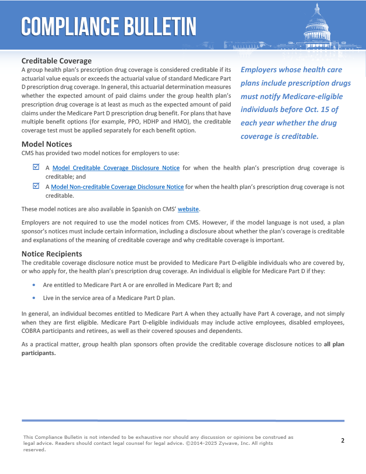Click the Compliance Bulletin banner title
[x=108, y=27]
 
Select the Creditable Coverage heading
[x=56, y=61]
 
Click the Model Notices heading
[x=47, y=144]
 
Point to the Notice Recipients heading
[x=52, y=254]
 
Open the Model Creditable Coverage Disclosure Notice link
[x=116, y=168]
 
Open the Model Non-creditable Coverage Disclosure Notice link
[x=117, y=187]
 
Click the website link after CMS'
[x=188, y=209]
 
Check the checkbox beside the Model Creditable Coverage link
[x=36, y=167]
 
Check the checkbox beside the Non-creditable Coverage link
[x=36, y=186]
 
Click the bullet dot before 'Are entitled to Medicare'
[x=34, y=285]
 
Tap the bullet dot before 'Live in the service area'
[x=34, y=298]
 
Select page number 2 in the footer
[x=342, y=440]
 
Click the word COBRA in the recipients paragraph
[x=32, y=331]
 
